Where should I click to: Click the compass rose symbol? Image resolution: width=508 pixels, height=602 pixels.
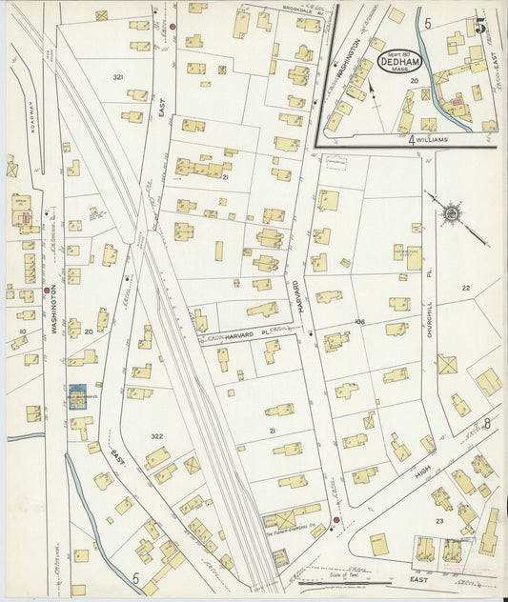pos(449,212)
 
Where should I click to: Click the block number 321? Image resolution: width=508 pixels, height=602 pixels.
pos(117,76)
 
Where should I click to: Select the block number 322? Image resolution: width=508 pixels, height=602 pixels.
pos(156,436)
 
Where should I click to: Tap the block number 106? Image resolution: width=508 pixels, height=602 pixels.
pos(361,322)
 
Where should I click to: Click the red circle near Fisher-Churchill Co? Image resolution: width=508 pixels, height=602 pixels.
pos(336,520)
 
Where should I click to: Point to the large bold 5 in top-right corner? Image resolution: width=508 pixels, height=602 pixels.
pos(481,27)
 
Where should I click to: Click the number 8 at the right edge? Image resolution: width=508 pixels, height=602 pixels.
pos(486,423)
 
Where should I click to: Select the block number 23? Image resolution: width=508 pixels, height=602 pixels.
pos(439,521)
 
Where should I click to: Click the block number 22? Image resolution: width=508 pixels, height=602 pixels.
pos(465,288)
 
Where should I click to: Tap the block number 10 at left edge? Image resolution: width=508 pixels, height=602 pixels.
pos(22,332)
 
